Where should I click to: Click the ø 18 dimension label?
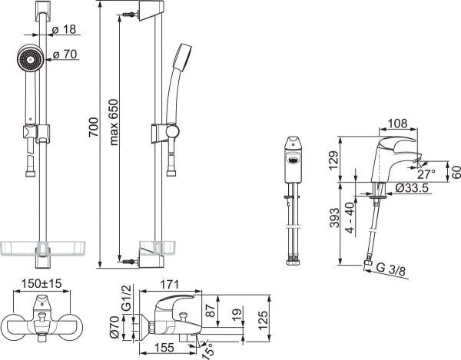(x=64, y=29)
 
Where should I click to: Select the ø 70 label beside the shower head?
(x=65, y=54)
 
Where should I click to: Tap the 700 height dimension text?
(x=94, y=127)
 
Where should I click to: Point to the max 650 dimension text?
(x=114, y=123)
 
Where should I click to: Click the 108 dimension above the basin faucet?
(x=397, y=124)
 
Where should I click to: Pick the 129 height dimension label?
(x=333, y=160)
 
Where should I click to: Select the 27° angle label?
(x=426, y=174)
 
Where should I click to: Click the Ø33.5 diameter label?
(x=412, y=188)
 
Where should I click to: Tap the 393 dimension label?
(x=334, y=218)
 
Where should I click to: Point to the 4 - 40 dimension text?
(x=350, y=217)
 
